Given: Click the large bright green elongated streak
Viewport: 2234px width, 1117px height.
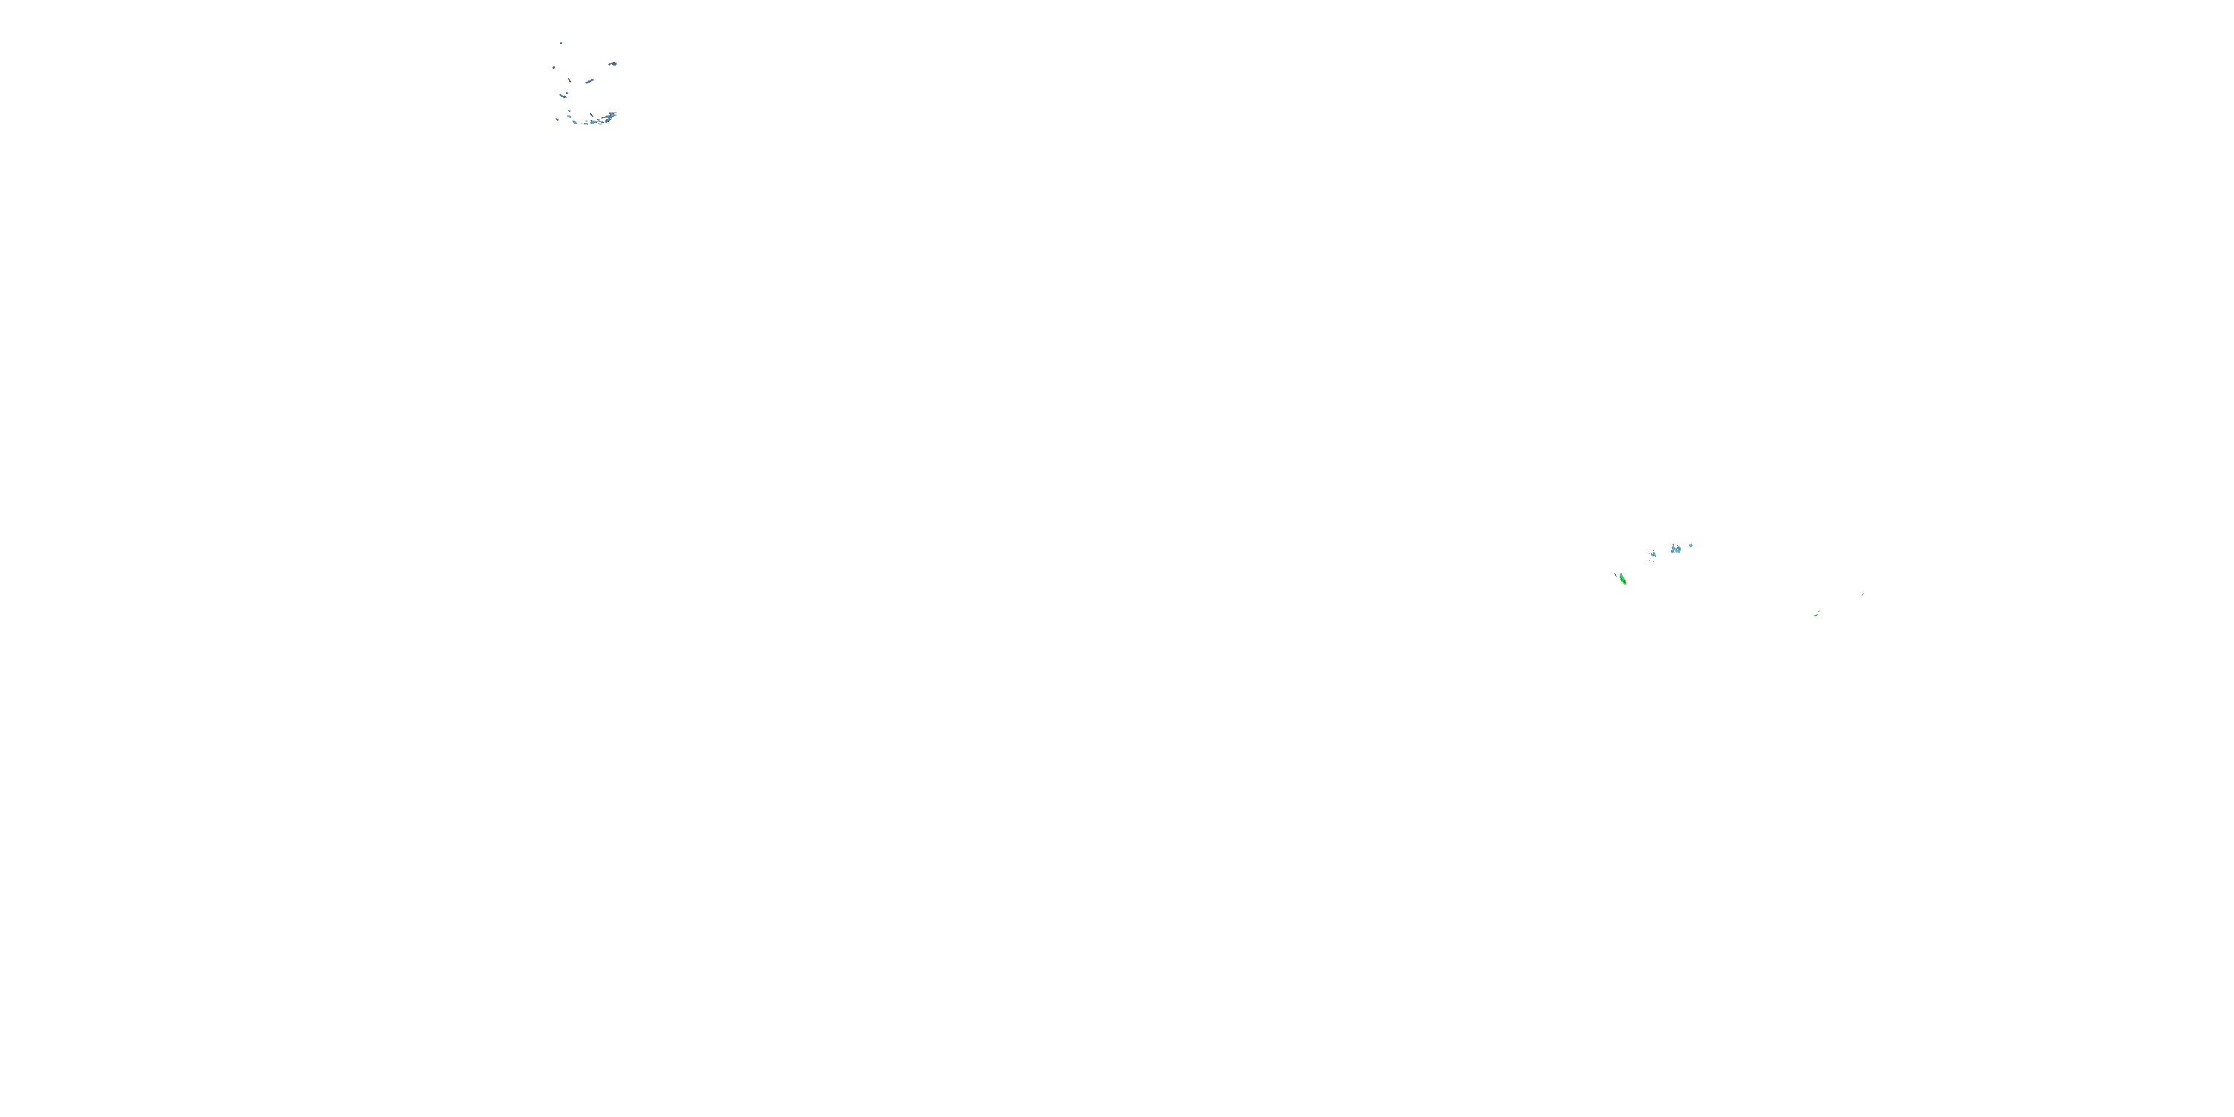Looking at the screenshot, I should point(1623,579).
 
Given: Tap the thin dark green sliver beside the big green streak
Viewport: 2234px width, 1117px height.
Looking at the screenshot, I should point(1616,576).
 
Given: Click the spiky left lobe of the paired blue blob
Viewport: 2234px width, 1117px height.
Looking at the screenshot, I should point(1674,550).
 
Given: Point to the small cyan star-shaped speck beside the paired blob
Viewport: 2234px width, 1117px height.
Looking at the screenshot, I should point(1691,546).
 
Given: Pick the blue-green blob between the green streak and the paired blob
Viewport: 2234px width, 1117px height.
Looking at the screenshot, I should point(1654,555).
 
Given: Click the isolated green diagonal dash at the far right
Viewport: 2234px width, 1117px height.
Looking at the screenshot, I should point(1863,595).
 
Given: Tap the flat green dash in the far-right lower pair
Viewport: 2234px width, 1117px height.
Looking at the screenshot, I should point(1816,616).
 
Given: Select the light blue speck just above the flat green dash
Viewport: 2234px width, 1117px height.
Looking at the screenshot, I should point(1818,611).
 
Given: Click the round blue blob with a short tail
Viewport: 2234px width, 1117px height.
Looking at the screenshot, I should point(614,64).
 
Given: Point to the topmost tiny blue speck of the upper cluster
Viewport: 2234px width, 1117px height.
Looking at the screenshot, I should point(561,43).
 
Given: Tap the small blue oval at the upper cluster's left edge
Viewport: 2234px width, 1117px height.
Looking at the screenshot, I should point(553,69).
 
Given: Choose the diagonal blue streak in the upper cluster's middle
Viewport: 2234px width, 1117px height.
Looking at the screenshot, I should point(590,81).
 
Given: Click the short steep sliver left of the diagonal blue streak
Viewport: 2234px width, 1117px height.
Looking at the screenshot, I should point(570,80).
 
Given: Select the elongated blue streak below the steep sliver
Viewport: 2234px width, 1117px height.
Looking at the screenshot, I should point(563,96).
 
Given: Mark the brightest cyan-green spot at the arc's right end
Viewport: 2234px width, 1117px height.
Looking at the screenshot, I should point(612,115).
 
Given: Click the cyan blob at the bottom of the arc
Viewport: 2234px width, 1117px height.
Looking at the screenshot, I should point(593,122).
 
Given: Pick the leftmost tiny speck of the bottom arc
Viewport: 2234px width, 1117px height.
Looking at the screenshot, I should point(557,120).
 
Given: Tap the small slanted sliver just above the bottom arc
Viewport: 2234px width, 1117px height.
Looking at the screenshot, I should point(591,115).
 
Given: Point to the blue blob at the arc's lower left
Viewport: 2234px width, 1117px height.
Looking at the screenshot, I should point(575,122).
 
